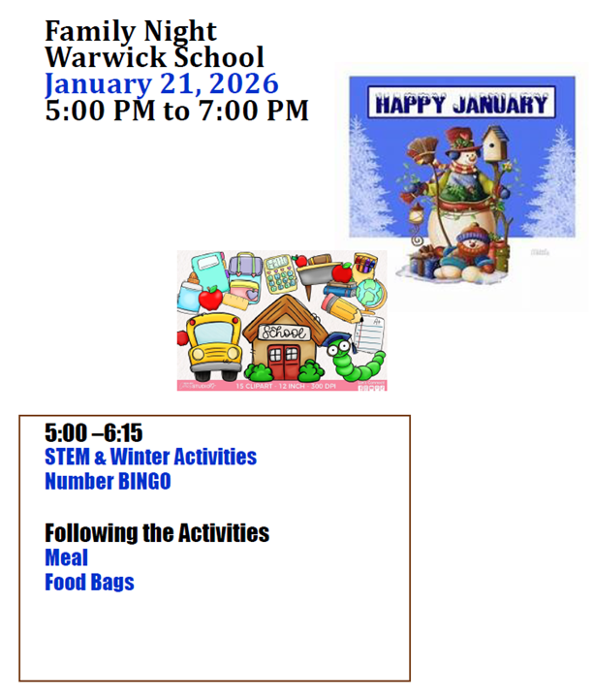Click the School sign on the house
pyautogui.click(x=285, y=333)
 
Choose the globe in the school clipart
pyautogui.click(x=371, y=292)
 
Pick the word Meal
pyautogui.click(x=66, y=557)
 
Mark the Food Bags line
pyautogui.click(x=89, y=583)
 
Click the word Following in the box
pyautogui.click(x=95, y=532)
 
